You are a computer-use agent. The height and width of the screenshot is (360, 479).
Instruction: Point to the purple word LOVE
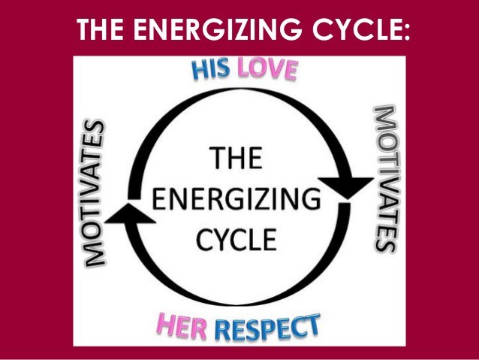point(267,70)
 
